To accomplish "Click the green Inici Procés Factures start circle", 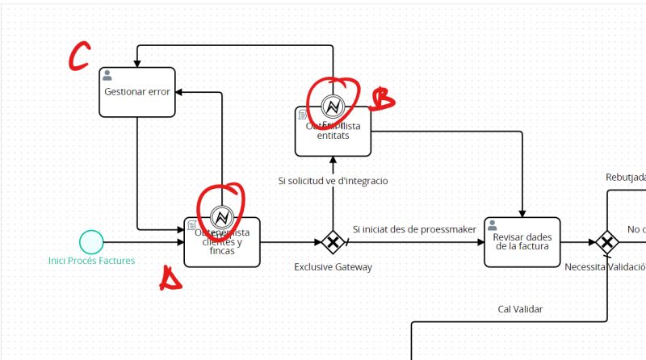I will pos(91,241).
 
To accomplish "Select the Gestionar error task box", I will pos(136,92).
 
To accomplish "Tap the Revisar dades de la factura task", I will pos(522,241).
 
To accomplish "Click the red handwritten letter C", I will pos(80,57).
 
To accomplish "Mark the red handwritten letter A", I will pos(170,279).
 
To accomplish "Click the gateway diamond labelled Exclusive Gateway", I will pos(332,241).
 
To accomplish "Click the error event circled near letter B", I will pos(333,107).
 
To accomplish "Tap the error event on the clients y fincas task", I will pos(221,216).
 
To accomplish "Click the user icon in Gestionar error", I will pos(107,75).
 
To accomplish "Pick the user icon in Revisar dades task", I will pos(492,225).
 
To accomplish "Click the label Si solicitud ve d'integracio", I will pos(333,181).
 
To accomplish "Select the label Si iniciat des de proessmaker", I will pos(414,229).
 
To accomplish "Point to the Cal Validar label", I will pos(520,308).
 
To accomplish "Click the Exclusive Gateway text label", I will pos(333,266).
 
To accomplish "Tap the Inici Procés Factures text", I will pos(91,260).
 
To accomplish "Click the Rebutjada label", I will pos(625,177).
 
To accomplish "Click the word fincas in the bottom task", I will pos(222,251).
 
